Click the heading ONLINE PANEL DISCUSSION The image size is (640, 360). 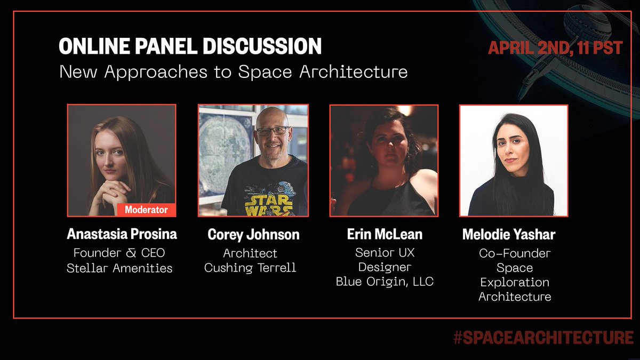190,47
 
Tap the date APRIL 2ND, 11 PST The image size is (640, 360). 555,48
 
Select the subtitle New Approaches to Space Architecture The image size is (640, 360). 234,71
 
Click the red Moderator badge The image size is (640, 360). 146,210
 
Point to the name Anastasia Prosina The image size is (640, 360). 122,234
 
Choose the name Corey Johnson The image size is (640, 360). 253,234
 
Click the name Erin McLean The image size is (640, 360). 384,234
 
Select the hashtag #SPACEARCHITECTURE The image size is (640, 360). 543,337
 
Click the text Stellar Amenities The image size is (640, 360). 119,268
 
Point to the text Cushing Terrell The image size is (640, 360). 250,267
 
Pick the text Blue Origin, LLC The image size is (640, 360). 385,281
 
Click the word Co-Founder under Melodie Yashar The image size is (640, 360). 515,253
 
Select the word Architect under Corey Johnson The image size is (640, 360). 250,253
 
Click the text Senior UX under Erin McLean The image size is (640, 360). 385,253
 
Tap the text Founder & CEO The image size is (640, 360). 119,253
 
